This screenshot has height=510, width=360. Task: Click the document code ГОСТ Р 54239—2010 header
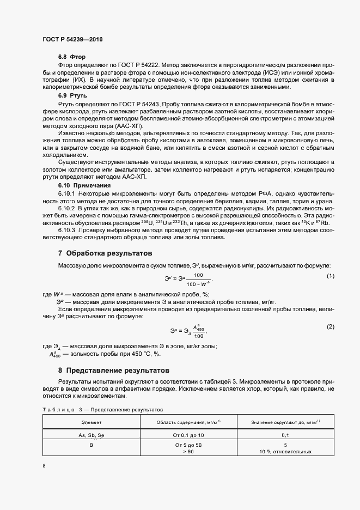point(72,39)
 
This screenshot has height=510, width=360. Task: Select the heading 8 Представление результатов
point(113,370)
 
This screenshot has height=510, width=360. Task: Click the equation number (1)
point(330,277)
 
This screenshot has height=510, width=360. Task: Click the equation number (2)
point(330,326)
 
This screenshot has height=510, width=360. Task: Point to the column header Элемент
point(91,422)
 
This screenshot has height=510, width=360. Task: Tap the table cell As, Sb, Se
point(91,435)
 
